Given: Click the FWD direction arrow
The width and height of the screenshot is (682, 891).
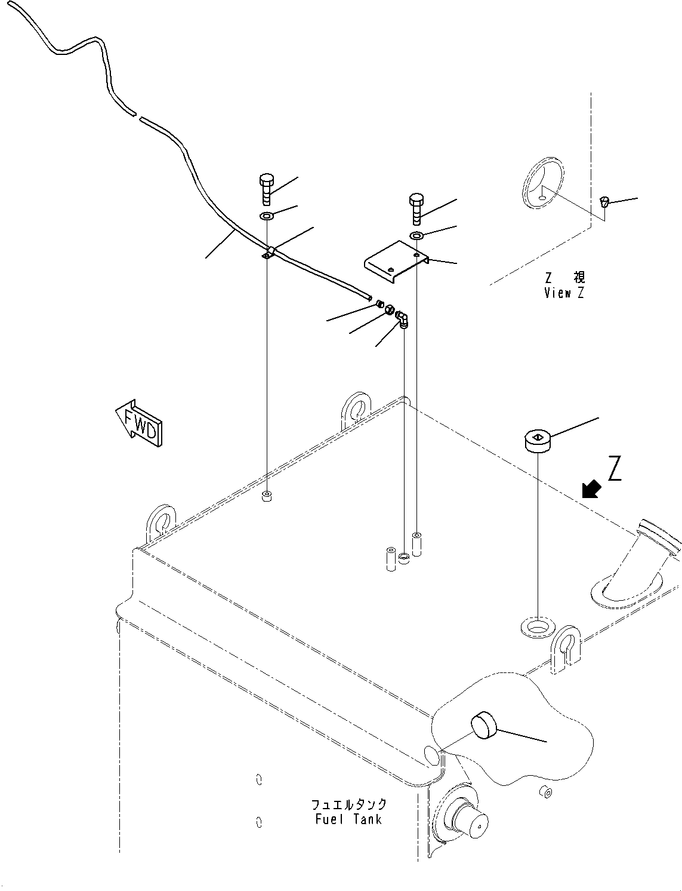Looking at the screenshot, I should (x=141, y=423).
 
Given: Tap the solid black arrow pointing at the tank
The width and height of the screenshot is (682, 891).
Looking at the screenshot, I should (x=591, y=490).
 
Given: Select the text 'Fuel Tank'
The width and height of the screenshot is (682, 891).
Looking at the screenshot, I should (x=348, y=819).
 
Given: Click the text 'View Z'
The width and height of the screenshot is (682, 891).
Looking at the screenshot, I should (x=564, y=293).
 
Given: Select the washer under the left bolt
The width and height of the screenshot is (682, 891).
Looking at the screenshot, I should (x=267, y=216).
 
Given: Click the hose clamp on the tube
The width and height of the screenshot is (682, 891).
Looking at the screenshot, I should (x=268, y=253).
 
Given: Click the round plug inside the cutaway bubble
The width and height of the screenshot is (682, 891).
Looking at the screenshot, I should (x=485, y=727).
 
